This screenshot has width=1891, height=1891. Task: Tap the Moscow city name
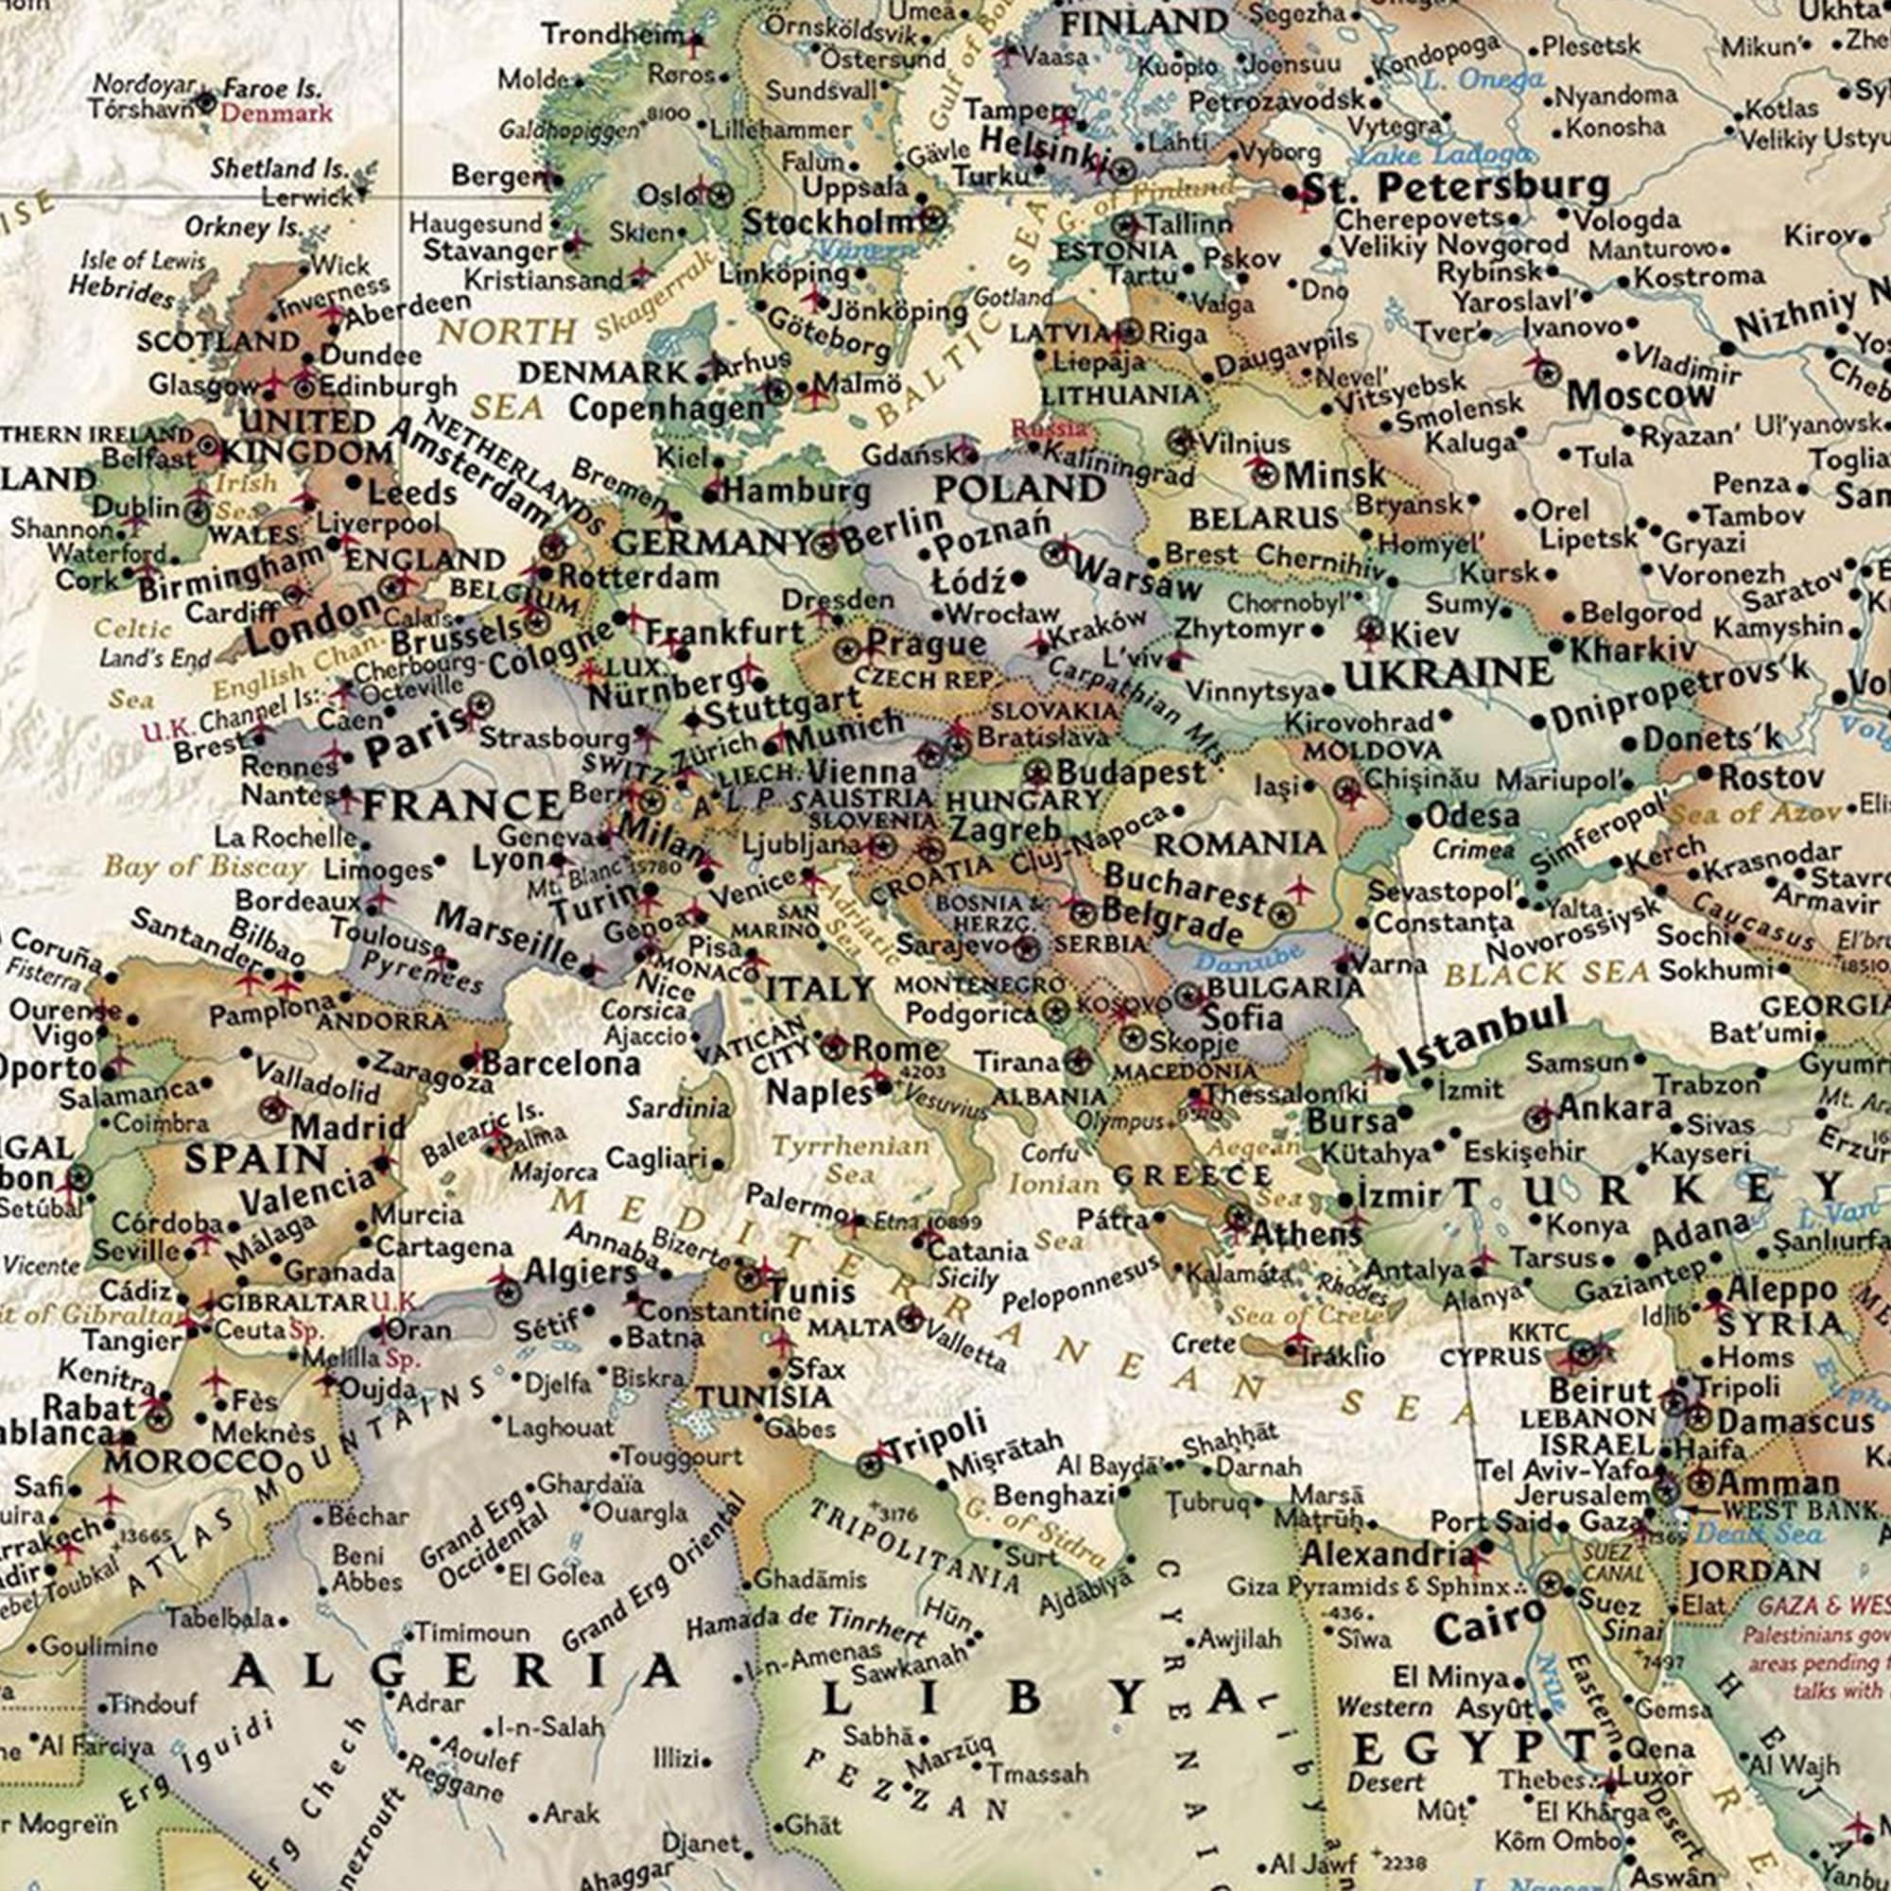point(1640,396)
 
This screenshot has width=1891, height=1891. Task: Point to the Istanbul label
point(1482,1048)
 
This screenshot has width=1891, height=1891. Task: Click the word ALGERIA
point(454,1671)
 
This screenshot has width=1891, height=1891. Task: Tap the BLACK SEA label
point(1547,973)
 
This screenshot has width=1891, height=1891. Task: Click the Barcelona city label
point(562,1064)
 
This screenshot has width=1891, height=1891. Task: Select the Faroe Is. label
point(272,89)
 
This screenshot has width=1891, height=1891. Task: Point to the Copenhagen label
point(666,409)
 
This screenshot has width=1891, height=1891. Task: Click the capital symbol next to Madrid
point(275,1109)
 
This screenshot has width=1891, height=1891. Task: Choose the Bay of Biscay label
point(204,866)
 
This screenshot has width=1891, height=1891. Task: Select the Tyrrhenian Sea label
point(850,1159)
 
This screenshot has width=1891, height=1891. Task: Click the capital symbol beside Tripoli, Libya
point(868,1466)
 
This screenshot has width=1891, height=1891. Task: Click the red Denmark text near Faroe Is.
point(276,113)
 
